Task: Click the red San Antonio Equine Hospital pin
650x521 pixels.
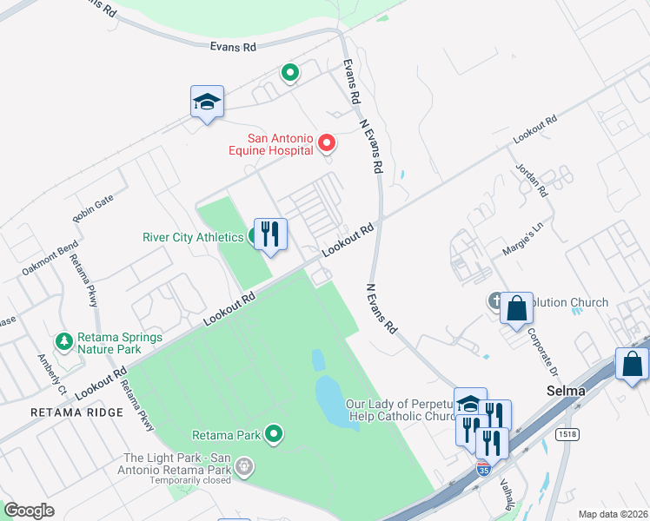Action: click(327, 142)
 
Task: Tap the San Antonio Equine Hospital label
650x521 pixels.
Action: click(269, 144)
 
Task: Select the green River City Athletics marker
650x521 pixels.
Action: click(258, 235)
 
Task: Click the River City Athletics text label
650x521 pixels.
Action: click(193, 237)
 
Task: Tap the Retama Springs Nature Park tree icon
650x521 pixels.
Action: click(63, 341)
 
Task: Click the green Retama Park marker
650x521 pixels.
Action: click(274, 432)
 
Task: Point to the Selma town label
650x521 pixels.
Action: click(566, 391)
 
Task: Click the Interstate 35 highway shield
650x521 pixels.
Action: click(483, 469)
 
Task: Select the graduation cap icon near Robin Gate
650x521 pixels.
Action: click(208, 102)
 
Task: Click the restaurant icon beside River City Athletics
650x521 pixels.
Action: click(270, 234)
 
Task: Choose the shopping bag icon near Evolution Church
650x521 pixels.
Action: click(516, 308)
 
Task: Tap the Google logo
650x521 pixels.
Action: click(29, 510)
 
